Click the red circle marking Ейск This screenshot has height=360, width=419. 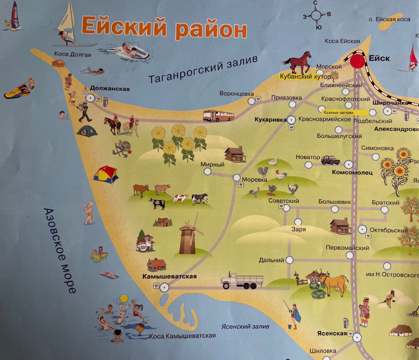click(x=357, y=61)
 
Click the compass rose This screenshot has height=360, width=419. click(x=317, y=15)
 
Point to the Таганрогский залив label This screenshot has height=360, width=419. click(x=203, y=69)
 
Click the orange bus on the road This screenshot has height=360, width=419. click(x=219, y=116)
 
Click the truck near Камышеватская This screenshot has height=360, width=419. click(x=242, y=280)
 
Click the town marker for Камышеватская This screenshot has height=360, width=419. click(x=164, y=287)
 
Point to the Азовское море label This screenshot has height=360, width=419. click(x=60, y=250)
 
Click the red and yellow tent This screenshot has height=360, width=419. click(x=106, y=175)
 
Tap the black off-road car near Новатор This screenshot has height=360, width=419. click(x=330, y=160)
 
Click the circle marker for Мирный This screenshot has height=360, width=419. click(x=208, y=171)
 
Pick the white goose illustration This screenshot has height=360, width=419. click(x=273, y=161)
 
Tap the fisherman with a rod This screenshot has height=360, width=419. click(x=294, y=315)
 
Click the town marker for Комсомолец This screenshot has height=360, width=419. click(x=348, y=164)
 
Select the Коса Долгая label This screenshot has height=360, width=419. click(x=72, y=54)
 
